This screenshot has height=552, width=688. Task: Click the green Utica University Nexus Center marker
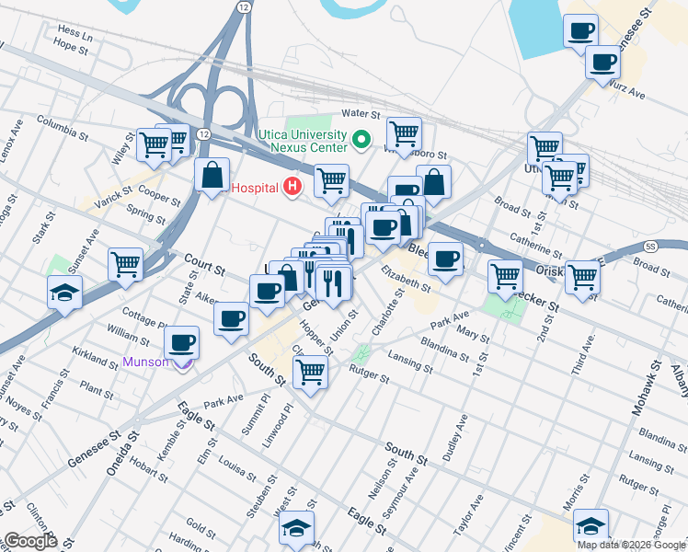361,142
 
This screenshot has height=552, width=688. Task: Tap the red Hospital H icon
292,188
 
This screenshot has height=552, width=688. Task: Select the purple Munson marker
184,362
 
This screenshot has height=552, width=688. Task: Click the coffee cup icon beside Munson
181,342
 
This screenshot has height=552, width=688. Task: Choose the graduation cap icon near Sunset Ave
63,292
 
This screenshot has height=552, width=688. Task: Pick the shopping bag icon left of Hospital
212,175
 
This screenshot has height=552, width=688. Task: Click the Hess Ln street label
75,31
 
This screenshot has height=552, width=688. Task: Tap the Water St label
361,113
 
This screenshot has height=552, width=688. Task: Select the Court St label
203,264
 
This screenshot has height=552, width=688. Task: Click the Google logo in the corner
30,541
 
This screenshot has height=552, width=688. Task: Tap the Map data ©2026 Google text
631,545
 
